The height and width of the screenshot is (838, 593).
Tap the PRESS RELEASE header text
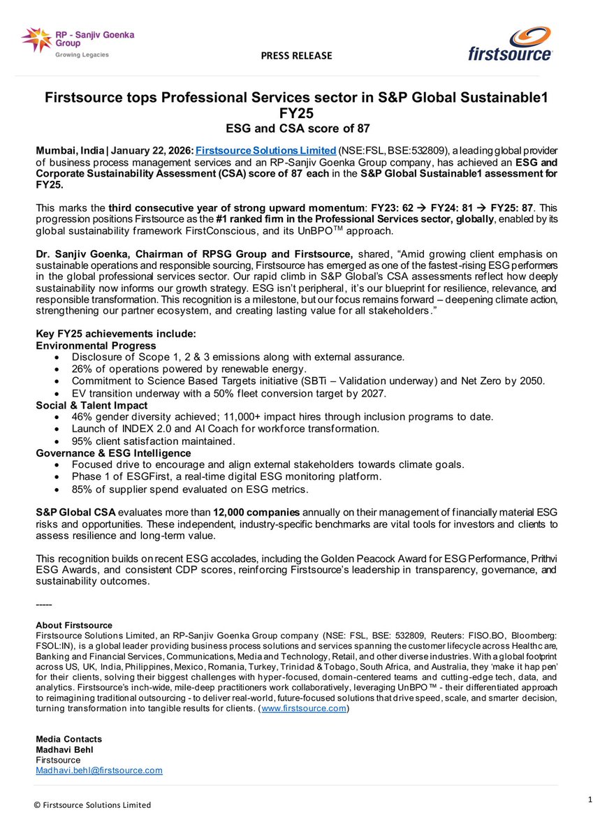tap(298, 56)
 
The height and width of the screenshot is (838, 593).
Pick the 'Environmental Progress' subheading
tap(96, 345)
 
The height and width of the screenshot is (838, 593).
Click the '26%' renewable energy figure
tap(82, 369)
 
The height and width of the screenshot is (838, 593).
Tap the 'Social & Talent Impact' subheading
tap(91, 405)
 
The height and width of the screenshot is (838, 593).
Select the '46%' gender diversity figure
tap(82, 417)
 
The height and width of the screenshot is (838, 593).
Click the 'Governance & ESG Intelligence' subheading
tap(112, 453)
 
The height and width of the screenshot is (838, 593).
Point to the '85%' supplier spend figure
tap(82, 489)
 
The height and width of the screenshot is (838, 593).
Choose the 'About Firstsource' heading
tap(73, 625)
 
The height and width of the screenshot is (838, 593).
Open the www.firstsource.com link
tap(304, 709)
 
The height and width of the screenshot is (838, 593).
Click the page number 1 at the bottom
tap(571, 797)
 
